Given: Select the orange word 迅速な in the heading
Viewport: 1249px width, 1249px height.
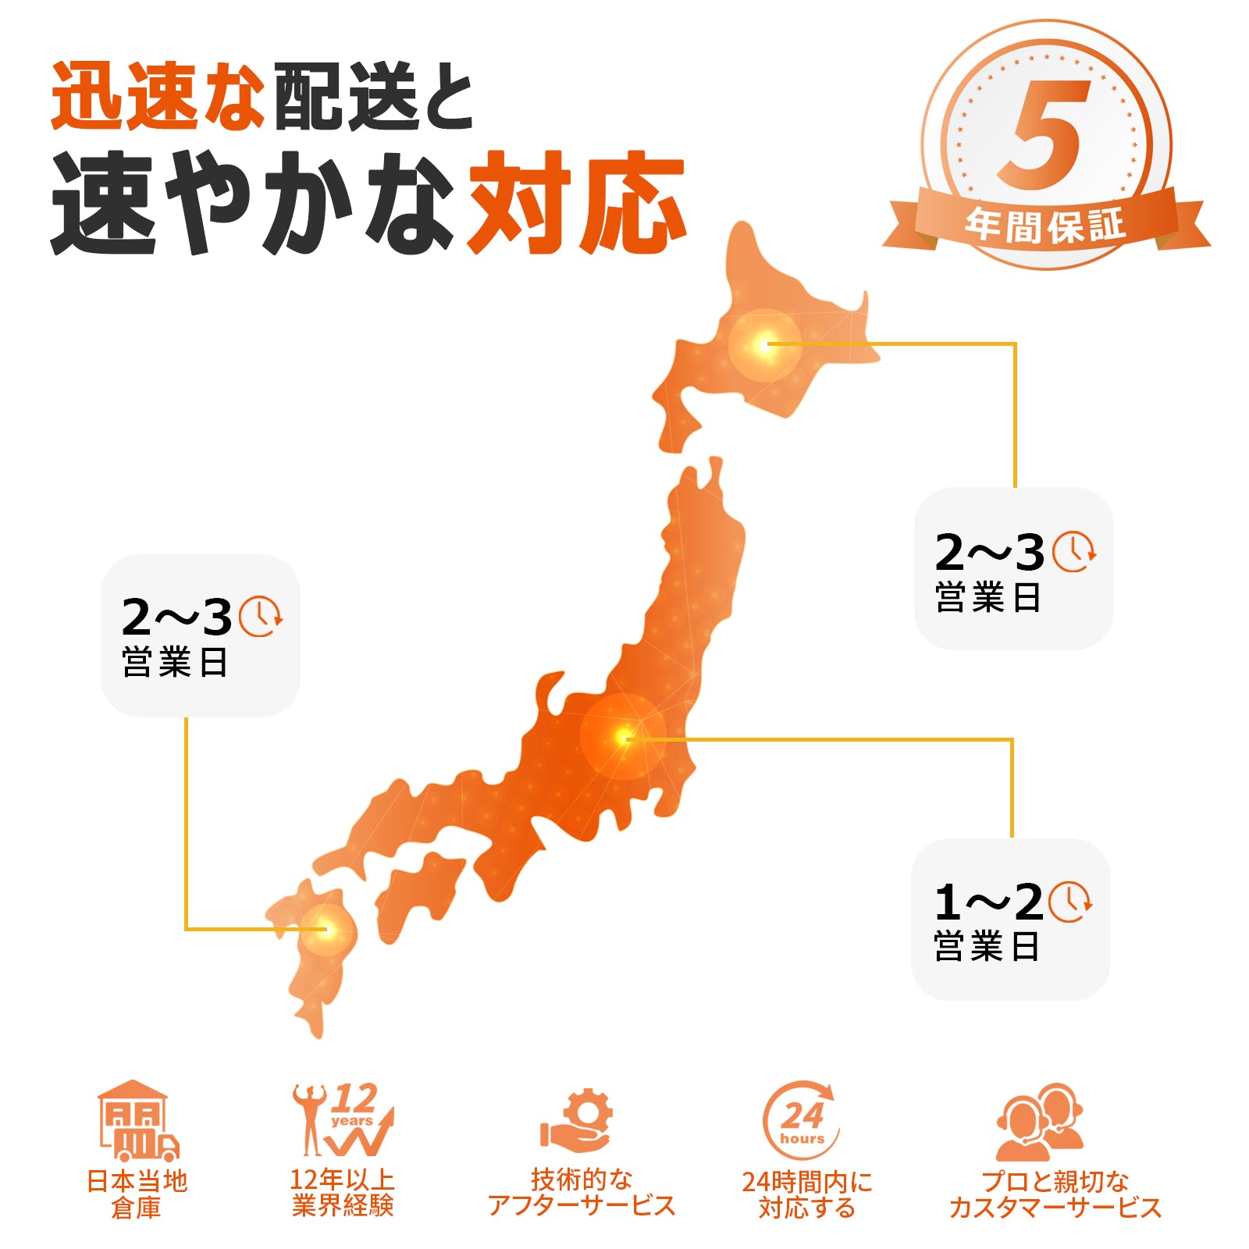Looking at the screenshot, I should (x=156, y=97).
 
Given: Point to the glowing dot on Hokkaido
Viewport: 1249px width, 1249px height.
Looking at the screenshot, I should (x=764, y=344).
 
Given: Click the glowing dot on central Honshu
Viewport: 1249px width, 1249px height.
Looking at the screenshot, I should (x=623, y=736).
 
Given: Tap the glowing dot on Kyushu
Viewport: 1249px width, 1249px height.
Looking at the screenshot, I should (x=328, y=929).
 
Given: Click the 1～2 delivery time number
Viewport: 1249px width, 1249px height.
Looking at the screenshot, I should (x=988, y=903).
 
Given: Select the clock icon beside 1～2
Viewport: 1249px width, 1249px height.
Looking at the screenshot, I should (x=1069, y=902).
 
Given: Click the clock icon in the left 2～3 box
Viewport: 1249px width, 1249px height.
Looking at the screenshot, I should (x=260, y=616).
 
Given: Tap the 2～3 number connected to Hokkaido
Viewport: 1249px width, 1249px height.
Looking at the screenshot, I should (x=989, y=553).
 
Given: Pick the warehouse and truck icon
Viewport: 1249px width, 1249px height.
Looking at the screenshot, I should (x=137, y=1121).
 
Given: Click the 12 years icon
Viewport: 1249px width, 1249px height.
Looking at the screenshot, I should (x=343, y=1120).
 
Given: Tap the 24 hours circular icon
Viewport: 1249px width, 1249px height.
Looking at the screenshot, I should (x=801, y=1121).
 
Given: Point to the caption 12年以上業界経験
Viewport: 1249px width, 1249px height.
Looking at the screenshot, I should (x=343, y=1193).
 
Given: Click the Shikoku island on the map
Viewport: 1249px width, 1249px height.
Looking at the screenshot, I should (x=418, y=890).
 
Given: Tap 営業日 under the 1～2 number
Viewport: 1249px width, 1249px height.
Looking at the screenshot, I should (x=987, y=947).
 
